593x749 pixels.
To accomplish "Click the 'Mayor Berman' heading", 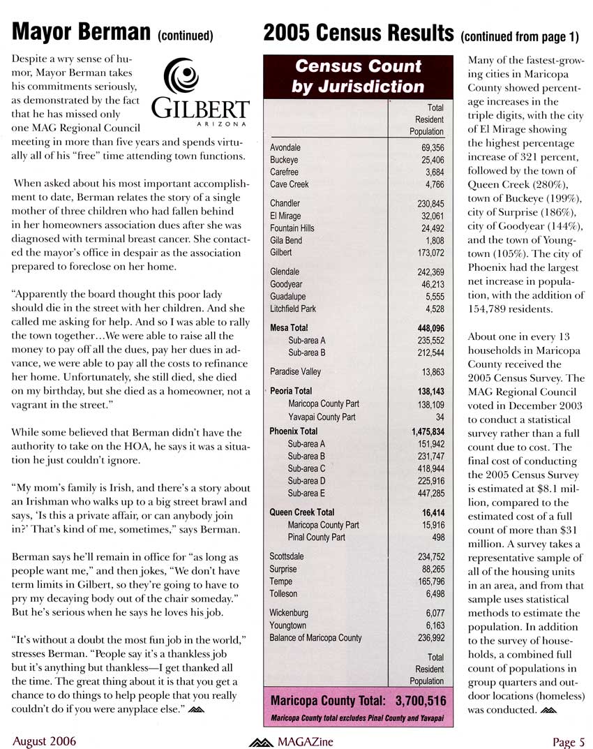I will tap(82, 32).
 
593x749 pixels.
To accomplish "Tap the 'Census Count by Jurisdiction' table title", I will tap(358, 76).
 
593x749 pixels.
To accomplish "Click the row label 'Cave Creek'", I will tap(289, 184).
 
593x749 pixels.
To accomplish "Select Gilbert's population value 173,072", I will tap(428, 252).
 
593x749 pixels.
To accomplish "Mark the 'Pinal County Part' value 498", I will tap(437, 537).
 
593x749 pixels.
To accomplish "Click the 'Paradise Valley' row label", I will tap(295, 371).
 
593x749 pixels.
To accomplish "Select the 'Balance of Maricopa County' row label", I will tap(315, 637).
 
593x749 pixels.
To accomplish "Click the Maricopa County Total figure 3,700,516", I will tap(420, 699).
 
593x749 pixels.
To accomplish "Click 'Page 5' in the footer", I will tap(568, 741).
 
